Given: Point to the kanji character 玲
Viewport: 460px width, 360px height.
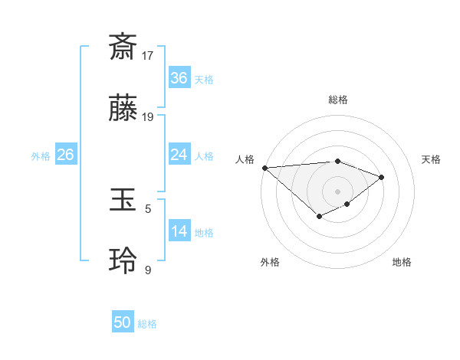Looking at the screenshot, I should pos(123,261).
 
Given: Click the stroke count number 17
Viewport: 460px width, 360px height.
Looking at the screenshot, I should pos(148,55).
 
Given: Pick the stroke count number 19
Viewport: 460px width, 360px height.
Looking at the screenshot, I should pos(148,117).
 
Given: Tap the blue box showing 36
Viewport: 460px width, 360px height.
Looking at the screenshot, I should pos(179,78).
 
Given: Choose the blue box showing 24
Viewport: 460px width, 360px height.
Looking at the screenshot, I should pos(179,155).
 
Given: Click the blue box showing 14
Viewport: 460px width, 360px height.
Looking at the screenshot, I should pos(179,231).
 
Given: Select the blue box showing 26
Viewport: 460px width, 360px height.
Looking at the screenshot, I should pos(65,155).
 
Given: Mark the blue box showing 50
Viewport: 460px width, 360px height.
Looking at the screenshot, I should pos(123,322).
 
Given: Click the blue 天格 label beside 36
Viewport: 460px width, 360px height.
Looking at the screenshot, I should pos(204,80).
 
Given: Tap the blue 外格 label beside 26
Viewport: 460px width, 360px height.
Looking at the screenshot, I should pos(41,156).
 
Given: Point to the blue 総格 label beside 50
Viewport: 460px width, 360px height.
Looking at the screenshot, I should pos(147,324).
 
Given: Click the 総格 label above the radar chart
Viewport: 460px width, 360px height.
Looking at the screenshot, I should pos(338,100).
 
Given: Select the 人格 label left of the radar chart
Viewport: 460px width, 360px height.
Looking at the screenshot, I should pos(245,159).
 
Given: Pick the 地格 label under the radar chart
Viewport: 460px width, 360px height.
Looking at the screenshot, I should pos(402,262).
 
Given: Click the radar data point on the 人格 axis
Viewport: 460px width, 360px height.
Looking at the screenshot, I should pos(264,167).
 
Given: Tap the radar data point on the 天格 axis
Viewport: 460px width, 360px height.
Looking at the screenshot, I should pos(381,177).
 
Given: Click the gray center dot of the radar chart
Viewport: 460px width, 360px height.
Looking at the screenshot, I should pos(338,191).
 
